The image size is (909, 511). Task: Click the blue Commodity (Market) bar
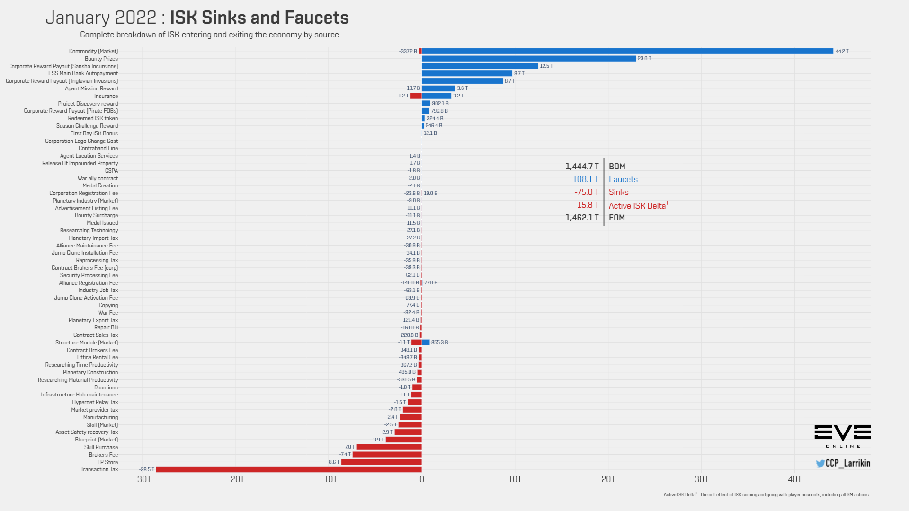tap(627, 51)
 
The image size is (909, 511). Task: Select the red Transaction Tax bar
tap(289, 469)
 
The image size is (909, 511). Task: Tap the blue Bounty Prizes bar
tap(529, 59)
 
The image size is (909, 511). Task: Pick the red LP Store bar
tap(382, 462)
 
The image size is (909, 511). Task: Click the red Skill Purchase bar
tap(389, 447)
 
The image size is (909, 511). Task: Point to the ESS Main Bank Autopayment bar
tap(467, 73)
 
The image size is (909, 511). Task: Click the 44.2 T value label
tap(842, 51)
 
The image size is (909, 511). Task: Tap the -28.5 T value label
tap(147, 469)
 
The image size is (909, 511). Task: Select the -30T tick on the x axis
tap(142, 479)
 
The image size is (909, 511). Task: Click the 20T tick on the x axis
tap(608, 479)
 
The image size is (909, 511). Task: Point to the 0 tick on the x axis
tap(422, 479)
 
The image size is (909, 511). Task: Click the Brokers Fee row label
tap(103, 455)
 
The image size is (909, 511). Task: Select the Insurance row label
tap(106, 96)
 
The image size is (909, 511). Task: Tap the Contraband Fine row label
tap(98, 148)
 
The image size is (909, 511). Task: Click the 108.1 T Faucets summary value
tap(586, 179)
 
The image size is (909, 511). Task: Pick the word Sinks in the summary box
tap(619, 192)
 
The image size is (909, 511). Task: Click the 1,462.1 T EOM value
tap(582, 218)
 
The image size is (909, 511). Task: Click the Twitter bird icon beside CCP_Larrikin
tap(820, 464)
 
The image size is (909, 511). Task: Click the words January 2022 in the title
tap(101, 18)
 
